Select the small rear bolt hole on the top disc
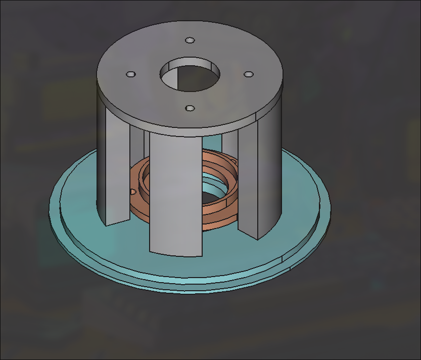(190, 40)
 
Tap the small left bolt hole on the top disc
(130, 74)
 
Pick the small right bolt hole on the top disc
(248, 74)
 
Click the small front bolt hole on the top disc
(190, 108)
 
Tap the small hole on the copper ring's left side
(133, 192)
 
